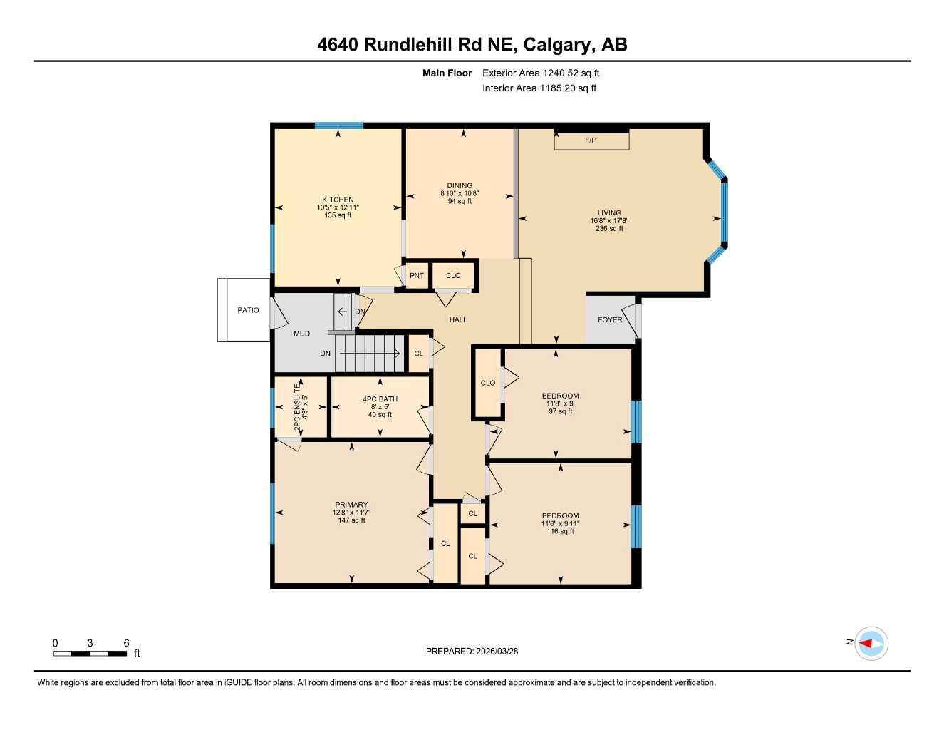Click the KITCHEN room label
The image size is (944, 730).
(x=338, y=200)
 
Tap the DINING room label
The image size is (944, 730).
(x=460, y=186)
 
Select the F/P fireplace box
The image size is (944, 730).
(x=591, y=140)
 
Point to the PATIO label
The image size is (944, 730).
(x=248, y=310)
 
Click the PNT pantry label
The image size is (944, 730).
(x=417, y=276)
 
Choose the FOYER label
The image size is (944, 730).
(x=610, y=320)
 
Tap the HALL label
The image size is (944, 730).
(x=458, y=319)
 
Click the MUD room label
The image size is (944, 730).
(x=301, y=334)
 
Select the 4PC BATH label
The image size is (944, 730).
(x=380, y=399)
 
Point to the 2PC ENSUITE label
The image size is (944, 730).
(x=297, y=406)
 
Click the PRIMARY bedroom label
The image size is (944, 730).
(x=351, y=505)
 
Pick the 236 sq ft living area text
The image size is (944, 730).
(x=609, y=229)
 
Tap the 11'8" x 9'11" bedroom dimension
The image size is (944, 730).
(x=560, y=523)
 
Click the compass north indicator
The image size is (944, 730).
(x=871, y=644)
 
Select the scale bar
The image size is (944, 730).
(x=90, y=653)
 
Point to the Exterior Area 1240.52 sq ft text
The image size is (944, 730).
(x=541, y=73)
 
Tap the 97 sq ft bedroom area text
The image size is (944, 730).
(x=561, y=411)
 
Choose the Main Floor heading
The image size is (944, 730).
(x=447, y=73)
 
